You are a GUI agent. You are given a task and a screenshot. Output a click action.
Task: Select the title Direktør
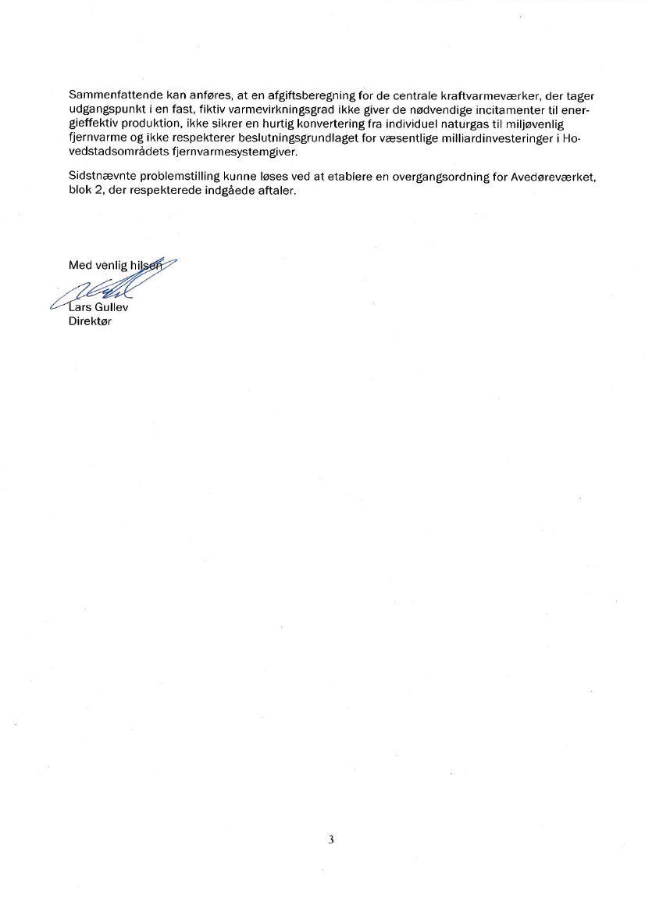[x=90, y=321]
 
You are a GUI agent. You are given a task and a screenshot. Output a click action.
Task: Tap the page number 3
[x=331, y=840]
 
